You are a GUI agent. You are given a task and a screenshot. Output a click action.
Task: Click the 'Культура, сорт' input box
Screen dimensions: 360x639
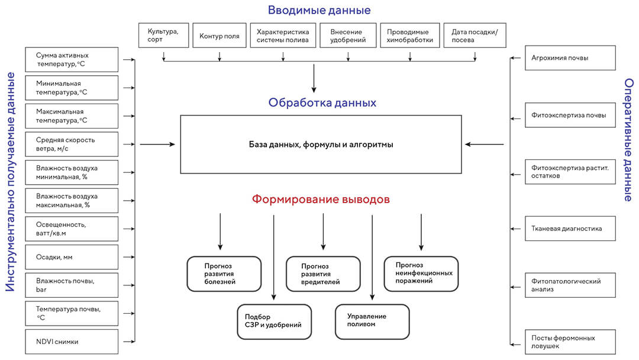click(163, 36)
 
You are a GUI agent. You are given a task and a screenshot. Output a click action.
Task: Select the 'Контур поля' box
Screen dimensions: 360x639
click(220, 36)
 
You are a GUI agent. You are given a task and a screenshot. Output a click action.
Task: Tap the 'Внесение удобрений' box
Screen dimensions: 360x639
click(348, 36)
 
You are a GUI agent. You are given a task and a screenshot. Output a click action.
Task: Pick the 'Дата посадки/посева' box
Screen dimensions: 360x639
click(475, 36)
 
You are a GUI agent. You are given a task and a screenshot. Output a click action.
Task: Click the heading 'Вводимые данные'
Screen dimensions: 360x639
click(319, 10)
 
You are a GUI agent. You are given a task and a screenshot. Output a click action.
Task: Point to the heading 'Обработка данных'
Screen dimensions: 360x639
click(322, 102)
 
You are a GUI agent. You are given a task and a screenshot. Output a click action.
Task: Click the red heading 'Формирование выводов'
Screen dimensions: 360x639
click(321, 200)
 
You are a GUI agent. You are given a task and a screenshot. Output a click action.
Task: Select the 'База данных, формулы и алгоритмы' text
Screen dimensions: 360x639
click(321, 144)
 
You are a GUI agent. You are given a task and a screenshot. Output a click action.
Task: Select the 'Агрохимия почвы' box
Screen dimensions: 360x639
click(570, 58)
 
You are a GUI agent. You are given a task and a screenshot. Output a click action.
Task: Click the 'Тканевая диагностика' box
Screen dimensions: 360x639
click(570, 229)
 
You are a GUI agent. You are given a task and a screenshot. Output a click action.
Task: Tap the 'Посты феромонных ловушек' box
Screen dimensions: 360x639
click(570, 342)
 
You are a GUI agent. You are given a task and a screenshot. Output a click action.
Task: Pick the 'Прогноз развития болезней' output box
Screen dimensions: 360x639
click(224, 274)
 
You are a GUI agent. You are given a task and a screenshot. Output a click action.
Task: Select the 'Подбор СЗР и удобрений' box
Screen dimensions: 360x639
click(273, 322)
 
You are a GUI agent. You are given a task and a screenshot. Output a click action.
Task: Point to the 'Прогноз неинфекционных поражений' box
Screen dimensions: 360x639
click(421, 274)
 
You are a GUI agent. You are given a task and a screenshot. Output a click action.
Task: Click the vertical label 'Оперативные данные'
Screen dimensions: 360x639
click(628, 139)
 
